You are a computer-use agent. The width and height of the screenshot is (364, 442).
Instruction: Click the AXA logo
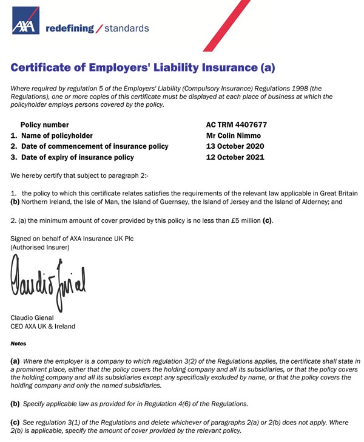click(25, 21)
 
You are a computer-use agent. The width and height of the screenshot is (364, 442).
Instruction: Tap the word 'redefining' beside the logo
click(70, 29)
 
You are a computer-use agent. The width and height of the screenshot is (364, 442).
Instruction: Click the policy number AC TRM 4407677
click(237, 125)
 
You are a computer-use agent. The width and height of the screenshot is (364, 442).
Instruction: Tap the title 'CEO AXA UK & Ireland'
click(43, 327)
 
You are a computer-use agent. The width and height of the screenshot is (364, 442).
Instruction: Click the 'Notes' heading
click(19, 344)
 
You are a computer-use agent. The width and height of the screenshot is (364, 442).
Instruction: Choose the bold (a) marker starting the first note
click(16, 361)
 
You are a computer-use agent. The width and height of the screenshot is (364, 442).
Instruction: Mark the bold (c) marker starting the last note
click(16, 421)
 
